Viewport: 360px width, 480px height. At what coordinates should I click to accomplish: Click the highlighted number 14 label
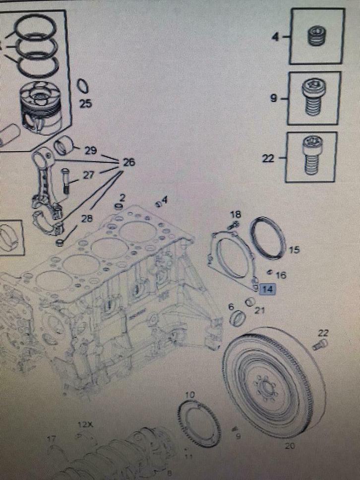pyautogui.click(x=268, y=290)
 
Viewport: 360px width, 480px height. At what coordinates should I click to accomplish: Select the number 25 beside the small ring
pyautogui.click(x=86, y=104)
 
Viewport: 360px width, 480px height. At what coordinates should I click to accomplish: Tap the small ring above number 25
pyautogui.click(x=84, y=86)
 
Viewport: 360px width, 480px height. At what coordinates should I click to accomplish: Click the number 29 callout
pyautogui.click(x=91, y=150)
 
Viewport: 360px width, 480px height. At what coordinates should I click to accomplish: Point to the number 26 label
pyautogui.click(x=129, y=162)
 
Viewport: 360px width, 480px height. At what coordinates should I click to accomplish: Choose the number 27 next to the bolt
pyautogui.click(x=87, y=175)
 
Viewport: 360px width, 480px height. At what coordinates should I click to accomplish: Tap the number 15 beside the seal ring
pyautogui.click(x=294, y=250)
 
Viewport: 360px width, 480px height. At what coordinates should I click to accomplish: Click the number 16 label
pyautogui.click(x=281, y=275)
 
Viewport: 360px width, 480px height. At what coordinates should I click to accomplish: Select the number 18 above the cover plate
pyautogui.click(x=236, y=215)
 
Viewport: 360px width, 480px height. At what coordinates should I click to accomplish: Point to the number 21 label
pyautogui.click(x=260, y=310)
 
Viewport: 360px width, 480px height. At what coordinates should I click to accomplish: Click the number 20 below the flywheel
pyautogui.click(x=290, y=446)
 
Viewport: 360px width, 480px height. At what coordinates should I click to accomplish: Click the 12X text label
pyautogui.click(x=85, y=425)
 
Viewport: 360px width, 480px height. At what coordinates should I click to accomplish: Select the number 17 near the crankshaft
pyautogui.click(x=52, y=438)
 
